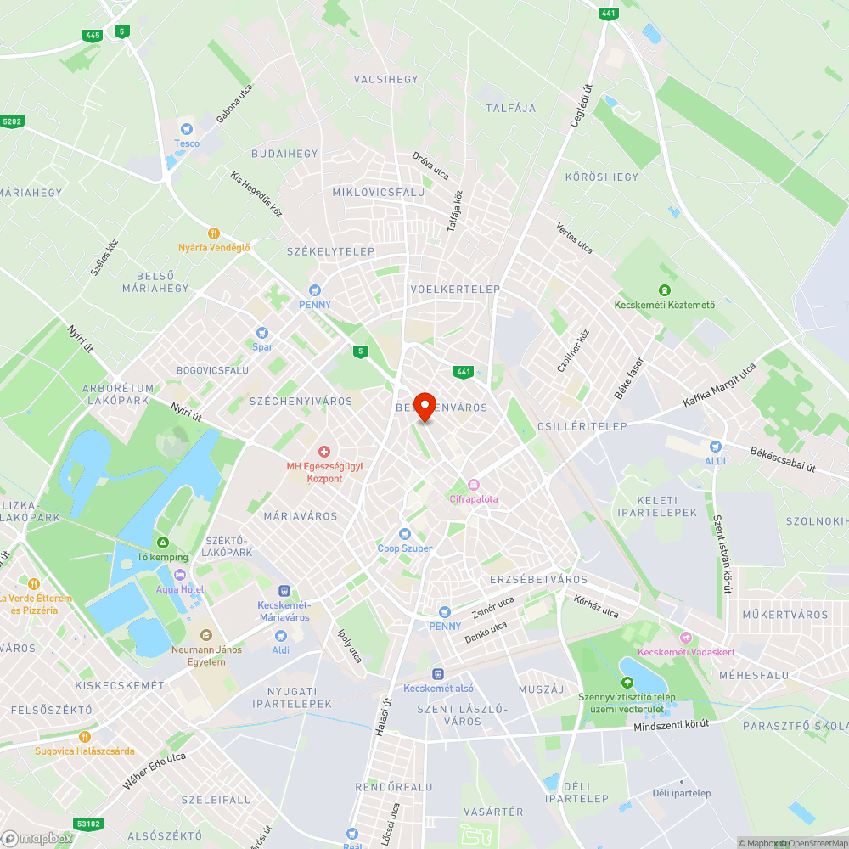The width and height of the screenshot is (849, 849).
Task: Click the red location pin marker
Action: click(x=424, y=405)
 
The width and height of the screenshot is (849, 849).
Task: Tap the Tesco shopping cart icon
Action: click(x=187, y=129)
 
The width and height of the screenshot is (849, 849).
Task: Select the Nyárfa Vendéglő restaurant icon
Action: click(x=214, y=233)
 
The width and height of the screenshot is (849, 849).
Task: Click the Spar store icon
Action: click(x=261, y=332)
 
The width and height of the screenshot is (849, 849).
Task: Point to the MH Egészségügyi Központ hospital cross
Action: click(x=323, y=451)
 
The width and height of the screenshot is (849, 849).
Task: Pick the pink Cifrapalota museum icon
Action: click(x=474, y=484)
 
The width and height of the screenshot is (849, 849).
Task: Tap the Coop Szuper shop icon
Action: click(x=405, y=533)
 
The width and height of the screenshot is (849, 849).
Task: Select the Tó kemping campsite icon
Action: click(x=162, y=542)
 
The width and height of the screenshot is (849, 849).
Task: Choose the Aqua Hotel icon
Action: click(x=180, y=574)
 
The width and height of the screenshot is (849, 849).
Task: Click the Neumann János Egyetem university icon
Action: click(x=205, y=635)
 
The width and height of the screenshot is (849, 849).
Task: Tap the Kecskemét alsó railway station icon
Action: click(x=438, y=673)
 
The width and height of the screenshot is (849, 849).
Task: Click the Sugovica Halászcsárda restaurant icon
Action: click(x=84, y=736)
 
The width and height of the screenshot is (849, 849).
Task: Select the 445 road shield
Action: click(x=93, y=35)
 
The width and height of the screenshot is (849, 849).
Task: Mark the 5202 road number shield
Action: click(x=12, y=121)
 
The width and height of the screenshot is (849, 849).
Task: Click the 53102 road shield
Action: click(x=88, y=824)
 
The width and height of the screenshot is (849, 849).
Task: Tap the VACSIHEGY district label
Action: click(x=386, y=79)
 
